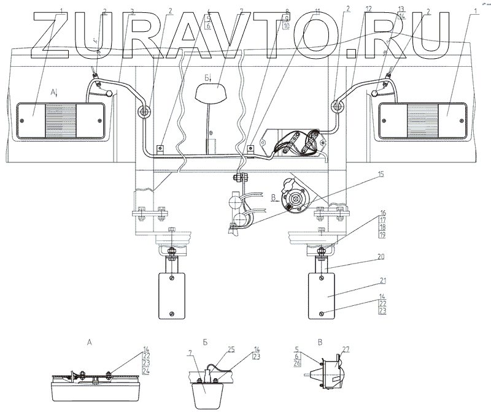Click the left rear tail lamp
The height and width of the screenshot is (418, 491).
click(59, 120)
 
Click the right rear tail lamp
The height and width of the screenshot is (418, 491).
click(422, 120)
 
